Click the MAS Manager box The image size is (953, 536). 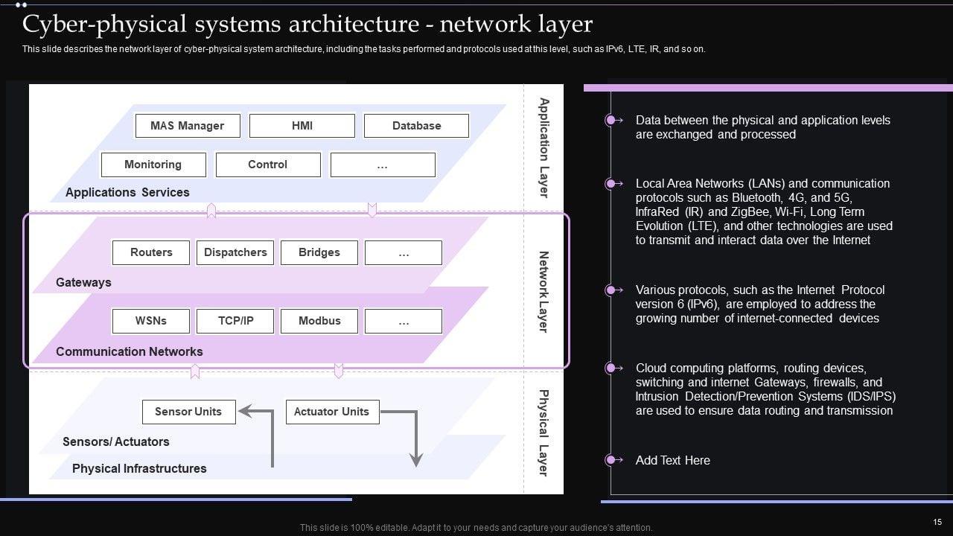point(188,126)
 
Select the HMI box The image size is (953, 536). point(302,126)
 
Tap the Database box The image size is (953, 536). point(416,126)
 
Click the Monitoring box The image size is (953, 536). point(153,165)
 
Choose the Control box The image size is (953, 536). point(267,165)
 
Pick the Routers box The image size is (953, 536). point(151,252)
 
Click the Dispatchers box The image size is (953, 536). point(235,252)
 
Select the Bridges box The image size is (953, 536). point(319,252)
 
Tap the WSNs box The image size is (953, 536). point(151,321)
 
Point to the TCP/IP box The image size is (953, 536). point(235,321)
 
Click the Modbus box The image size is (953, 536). point(319,321)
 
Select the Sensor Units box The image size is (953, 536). point(188,412)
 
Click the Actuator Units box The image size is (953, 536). point(331,412)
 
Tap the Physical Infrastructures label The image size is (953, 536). point(139,468)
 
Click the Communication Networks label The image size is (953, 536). point(130,351)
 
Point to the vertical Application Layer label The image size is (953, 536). point(544,147)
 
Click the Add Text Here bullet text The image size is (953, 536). point(672,460)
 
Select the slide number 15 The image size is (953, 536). point(937,523)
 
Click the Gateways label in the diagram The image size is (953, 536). point(83,282)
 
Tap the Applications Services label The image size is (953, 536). point(127,192)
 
